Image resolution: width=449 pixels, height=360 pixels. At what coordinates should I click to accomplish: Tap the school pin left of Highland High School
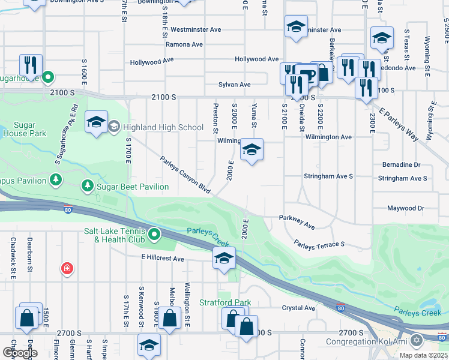tap(96, 122)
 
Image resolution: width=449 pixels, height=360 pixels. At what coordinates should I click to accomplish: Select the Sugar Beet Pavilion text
tap(133, 187)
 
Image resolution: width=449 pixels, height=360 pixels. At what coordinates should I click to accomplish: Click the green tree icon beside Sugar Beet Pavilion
tap(88, 187)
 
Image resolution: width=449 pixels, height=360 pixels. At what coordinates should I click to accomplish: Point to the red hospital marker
tap(67, 268)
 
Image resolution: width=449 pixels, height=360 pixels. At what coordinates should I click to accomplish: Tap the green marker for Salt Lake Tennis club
tap(154, 234)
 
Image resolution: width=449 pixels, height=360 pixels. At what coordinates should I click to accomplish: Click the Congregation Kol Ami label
tap(366, 341)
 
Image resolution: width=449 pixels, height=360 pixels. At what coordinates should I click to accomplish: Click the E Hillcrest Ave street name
tap(163, 258)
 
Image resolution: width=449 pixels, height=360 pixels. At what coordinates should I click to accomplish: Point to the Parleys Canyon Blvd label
tap(185, 175)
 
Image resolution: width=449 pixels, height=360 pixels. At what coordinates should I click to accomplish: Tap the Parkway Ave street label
tap(297, 222)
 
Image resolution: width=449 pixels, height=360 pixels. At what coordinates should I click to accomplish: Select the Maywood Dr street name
tap(405, 209)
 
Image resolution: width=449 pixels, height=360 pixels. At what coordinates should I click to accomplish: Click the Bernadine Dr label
tap(401, 164)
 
